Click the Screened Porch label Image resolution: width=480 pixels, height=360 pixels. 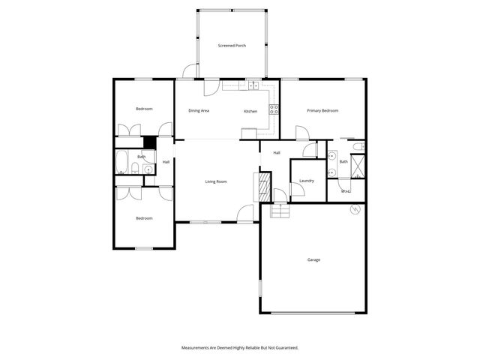(x=232, y=46)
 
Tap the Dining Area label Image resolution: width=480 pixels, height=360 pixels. (x=199, y=111)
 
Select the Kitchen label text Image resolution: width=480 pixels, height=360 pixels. (x=250, y=112)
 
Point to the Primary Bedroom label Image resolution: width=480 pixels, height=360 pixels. (x=322, y=111)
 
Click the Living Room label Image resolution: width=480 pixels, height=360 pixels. (x=216, y=181)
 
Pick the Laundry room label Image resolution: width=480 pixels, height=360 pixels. (x=306, y=181)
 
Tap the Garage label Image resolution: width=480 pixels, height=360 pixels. (x=313, y=260)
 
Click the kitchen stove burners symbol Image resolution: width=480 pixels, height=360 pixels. (x=274, y=109)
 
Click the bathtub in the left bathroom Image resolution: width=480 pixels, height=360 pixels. (x=121, y=162)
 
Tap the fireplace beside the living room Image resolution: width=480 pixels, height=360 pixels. (x=262, y=186)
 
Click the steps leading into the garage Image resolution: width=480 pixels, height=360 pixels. (x=280, y=210)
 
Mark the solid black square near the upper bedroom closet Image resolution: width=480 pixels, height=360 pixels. (x=150, y=142)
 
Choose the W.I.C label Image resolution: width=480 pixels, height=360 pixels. (x=346, y=191)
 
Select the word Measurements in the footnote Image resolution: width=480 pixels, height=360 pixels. (x=196, y=348)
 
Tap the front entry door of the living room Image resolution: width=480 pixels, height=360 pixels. (x=245, y=214)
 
